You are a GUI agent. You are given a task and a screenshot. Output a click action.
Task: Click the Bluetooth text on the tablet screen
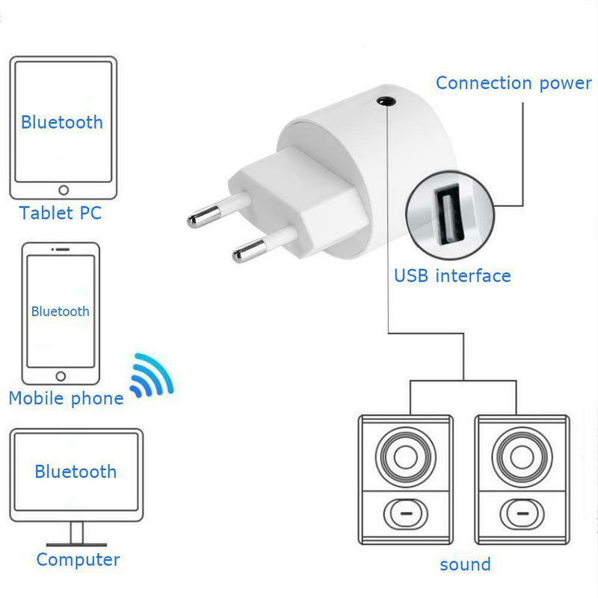(x=62, y=123)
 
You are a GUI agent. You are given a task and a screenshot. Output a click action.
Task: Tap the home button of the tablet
(x=64, y=190)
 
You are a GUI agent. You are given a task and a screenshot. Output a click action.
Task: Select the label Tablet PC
(x=61, y=213)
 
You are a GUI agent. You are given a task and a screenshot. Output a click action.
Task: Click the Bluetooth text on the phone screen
(x=61, y=311)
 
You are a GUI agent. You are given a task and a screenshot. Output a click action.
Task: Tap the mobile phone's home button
(x=61, y=377)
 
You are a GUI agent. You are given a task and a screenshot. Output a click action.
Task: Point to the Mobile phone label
(x=66, y=398)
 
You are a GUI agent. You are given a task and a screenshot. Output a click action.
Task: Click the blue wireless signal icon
(x=152, y=376)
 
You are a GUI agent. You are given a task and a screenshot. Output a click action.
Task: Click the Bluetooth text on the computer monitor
(x=75, y=472)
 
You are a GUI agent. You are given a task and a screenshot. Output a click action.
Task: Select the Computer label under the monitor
(x=78, y=560)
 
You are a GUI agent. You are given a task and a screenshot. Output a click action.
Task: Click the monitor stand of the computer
(x=77, y=534)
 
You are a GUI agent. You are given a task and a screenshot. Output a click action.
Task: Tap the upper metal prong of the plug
(x=218, y=210)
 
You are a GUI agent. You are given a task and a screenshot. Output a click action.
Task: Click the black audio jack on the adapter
(x=386, y=102)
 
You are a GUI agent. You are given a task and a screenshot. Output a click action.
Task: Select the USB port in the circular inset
(x=450, y=215)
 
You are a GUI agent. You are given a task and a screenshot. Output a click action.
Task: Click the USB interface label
(x=452, y=276)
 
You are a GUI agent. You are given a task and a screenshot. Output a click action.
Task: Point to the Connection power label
(x=514, y=84)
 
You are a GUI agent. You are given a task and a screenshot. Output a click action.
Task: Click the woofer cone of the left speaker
(x=406, y=457)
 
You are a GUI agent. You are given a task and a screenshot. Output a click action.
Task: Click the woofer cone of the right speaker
(x=522, y=457)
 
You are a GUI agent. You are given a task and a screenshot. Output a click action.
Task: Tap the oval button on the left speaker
(x=406, y=514)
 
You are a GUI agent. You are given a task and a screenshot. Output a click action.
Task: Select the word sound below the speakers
(x=465, y=565)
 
